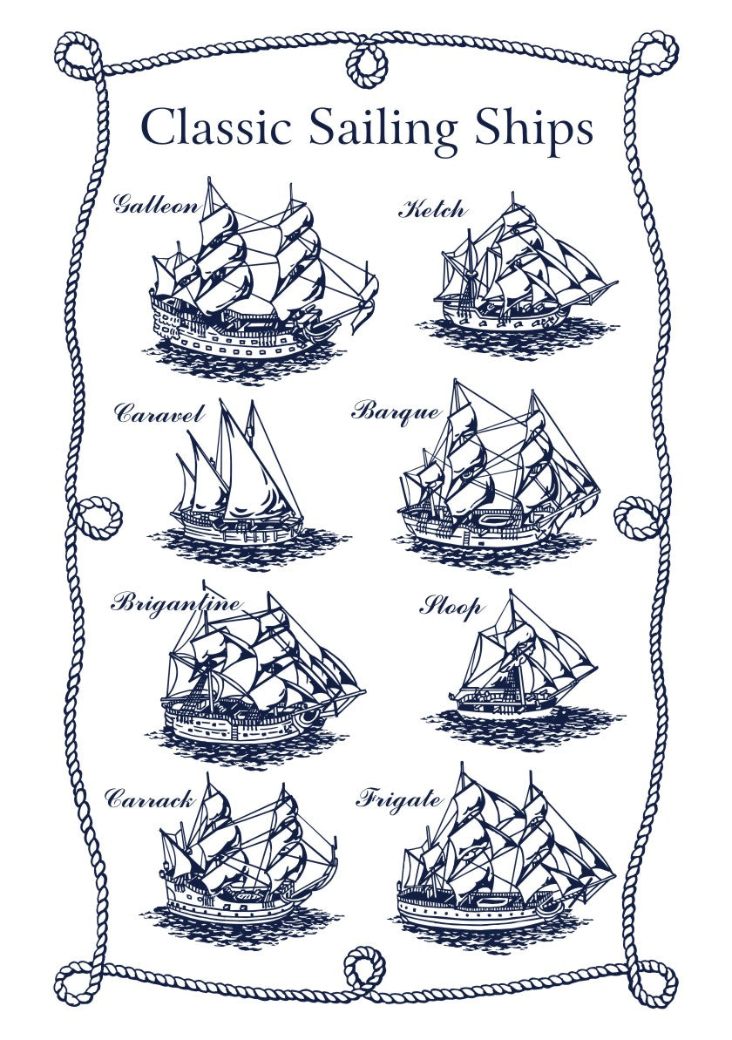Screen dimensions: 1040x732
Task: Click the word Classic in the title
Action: pos(215,127)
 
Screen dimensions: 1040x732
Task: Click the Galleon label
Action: pos(156,206)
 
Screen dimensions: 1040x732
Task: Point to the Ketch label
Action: pos(432,209)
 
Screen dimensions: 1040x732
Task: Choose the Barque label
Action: pos(395,411)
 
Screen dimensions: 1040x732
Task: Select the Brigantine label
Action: pos(176,602)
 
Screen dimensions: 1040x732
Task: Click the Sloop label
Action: pos(451,606)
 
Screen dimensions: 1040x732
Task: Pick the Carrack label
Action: pos(149,798)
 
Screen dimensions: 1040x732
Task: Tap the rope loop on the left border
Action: pos(93,516)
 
